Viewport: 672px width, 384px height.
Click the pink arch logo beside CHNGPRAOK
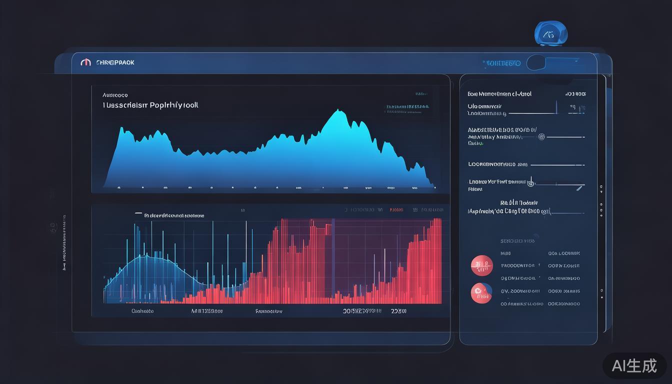click(x=85, y=62)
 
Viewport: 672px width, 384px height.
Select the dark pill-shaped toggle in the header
click(x=536, y=62)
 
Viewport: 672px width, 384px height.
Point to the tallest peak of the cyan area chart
click(x=334, y=112)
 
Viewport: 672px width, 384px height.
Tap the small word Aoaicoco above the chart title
click(x=115, y=95)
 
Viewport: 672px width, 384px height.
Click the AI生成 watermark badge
click(x=634, y=365)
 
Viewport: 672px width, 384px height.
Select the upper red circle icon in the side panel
click(x=481, y=265)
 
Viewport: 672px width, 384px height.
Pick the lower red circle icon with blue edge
click(x=481, y=293)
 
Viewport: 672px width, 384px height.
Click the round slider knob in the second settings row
click(x=541, y=136)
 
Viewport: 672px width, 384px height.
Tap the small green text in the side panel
click(x=475, y=143)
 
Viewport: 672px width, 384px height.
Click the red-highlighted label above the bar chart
click(x=396, y=210)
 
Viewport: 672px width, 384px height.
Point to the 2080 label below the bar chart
click(x=398, y=311)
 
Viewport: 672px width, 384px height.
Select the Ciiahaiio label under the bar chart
click(x=142, y=311)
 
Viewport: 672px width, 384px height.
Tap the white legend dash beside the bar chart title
click(x=138, y=213)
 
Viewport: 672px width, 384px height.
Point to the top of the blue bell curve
click(x=146, y=255)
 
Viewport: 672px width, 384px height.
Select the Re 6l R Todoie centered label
click(x=519, y=203)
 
